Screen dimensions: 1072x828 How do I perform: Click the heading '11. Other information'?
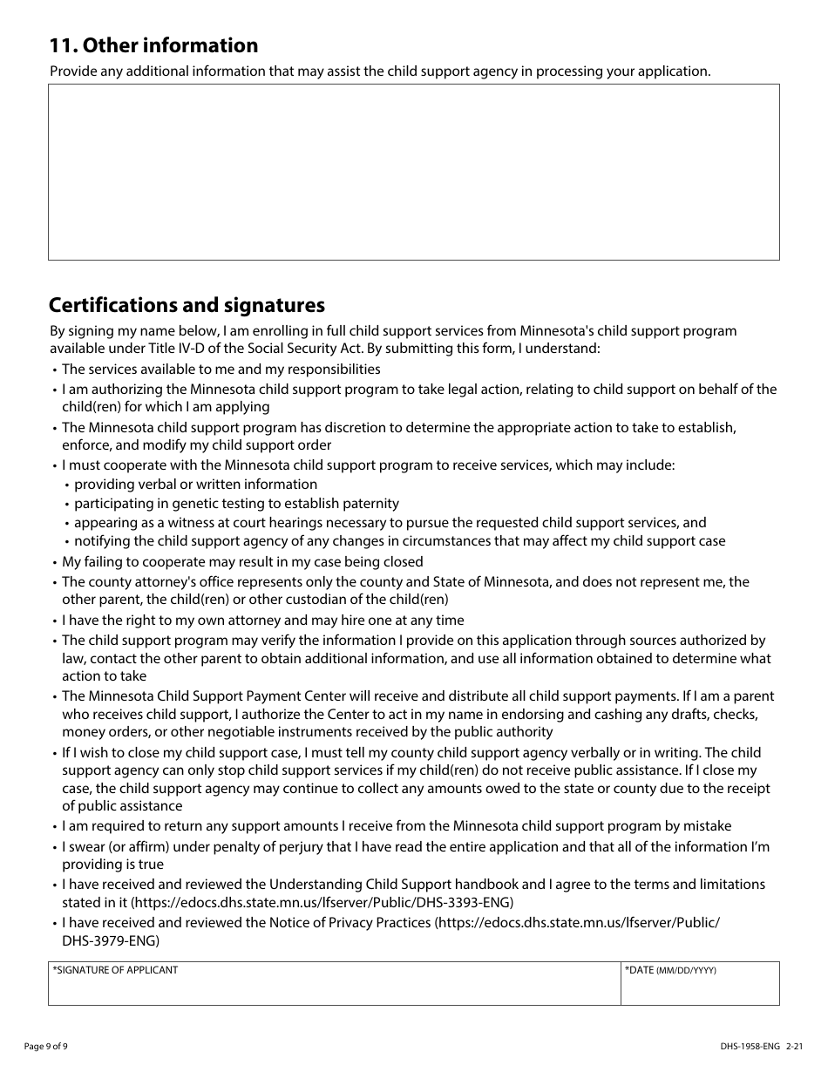(x=153, y=45)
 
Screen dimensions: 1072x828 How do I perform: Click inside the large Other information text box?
(x=413, y=172)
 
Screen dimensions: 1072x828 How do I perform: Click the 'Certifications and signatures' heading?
(x=187, y=305)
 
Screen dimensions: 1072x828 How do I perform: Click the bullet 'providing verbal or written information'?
(x=195, y=485)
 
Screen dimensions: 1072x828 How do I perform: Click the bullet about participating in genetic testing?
(x=236, y=504)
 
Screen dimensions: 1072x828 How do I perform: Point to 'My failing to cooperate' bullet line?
(x=242, y=562)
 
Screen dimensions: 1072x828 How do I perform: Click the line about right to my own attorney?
(x=262, y=621)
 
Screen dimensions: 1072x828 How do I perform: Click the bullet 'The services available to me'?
(x=221, y=370)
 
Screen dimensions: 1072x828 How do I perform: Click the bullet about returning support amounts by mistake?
(x=397, y=826)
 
